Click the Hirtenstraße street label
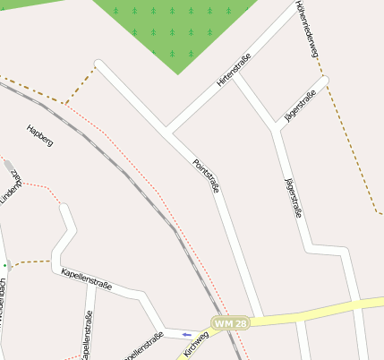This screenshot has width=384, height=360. [234, 71]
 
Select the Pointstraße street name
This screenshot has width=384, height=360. [207, 176]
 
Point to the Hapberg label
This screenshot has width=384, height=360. [40, 135]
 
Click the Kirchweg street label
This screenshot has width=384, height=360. [196, 344]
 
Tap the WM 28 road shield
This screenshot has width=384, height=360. [229, 321]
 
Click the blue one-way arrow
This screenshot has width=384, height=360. [186, 334]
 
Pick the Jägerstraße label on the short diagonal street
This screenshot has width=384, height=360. [300, 107]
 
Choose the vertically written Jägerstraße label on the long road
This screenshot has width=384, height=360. [292, 198]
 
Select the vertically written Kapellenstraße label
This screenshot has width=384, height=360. [87, 335]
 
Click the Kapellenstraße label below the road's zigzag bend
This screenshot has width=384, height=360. [86, 279]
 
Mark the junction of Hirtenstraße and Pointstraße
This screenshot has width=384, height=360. [166, 131]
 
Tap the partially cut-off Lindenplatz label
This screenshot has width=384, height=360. [11, 187]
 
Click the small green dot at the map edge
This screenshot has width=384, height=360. [4, 265]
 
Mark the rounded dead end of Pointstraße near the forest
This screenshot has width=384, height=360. [99, 65]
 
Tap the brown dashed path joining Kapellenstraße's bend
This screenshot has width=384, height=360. [31, 262]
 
